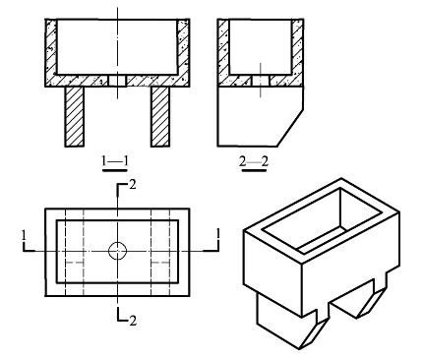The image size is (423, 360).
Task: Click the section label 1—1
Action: tap(115, 161)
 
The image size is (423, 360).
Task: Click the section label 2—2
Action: tap(254, 161)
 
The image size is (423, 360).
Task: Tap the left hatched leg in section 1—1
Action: tap(74, 116)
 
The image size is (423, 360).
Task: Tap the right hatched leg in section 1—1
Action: tap(160, 116)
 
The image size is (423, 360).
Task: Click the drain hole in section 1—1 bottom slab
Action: tap(117, 81)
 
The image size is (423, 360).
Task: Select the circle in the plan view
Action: tap(117, 251)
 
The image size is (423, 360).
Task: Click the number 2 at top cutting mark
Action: tap(133, 185)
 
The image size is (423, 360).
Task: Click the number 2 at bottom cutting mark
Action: tap(133, 321)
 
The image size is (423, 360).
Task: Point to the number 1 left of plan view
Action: tap(24, 235)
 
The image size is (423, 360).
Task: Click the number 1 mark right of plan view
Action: tap(218, 235)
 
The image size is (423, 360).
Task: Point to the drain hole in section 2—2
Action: tap(261, 81)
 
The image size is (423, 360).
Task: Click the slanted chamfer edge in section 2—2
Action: tap(290, 128)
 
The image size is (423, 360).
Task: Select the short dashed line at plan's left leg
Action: tap(75, 263)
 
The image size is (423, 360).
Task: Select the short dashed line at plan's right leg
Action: tap(160, 263)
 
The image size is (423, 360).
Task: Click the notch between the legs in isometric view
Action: tap(342, 300)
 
